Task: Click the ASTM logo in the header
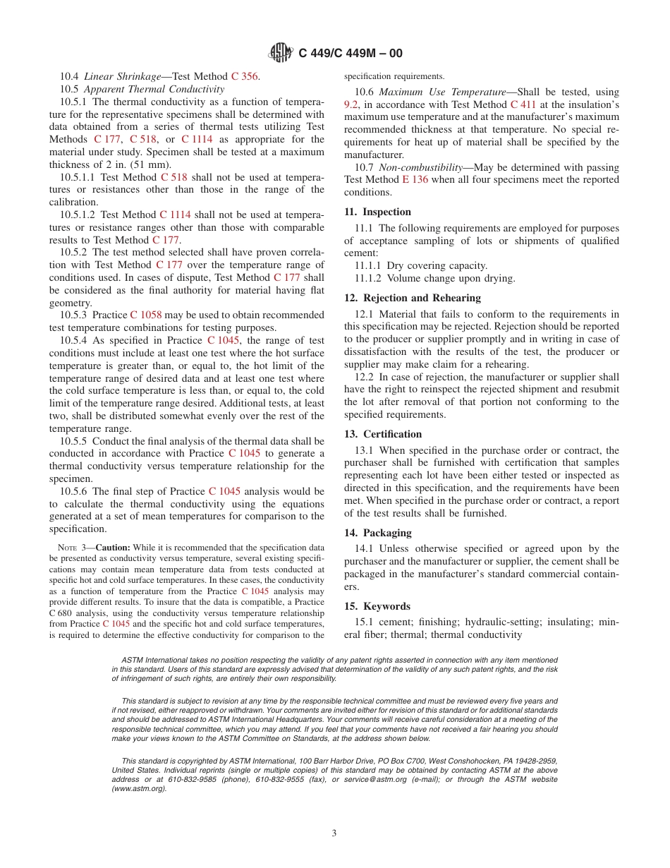(x=281, y=52)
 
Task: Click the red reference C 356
(x=245, y=76)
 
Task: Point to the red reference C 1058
(x=146, y=315)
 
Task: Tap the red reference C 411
(x=523, y=104)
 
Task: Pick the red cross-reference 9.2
(x=351, y=104)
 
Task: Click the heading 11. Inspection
(x=377, y=212)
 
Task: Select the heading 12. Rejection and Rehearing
(x=412, y=298)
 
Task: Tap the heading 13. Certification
(x=382, y=434)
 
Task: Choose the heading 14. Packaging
(x=377, y=533)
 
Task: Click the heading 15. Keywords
(x=377, y=606)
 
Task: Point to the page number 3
(x=334, y=833)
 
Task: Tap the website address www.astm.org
(x=140, y=788)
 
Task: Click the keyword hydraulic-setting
(x=497, y=622)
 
